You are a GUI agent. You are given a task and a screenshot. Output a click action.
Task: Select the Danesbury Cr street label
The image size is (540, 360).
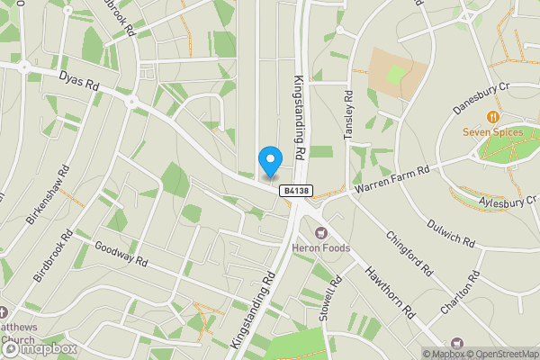[x=481, y=100]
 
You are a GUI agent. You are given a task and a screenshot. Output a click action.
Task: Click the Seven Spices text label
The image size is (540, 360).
[x=492, y=133]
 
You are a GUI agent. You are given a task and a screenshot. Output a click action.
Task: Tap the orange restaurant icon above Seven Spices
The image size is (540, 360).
[x=492, y=118]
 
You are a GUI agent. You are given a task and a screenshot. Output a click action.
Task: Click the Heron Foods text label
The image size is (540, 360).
[x=319, y=248]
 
